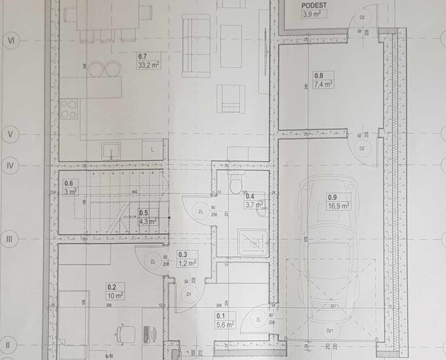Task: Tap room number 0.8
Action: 319,76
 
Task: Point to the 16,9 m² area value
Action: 339,205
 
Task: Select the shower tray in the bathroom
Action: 252,244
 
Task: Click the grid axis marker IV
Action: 10,165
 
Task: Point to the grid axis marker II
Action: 8,343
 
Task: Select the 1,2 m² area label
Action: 187,263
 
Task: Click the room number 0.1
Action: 221,316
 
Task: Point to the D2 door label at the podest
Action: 362,18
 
